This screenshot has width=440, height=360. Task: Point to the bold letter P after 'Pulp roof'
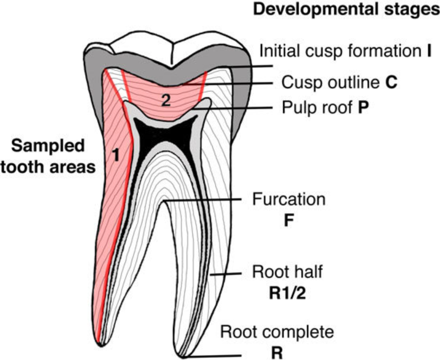click(363, 109)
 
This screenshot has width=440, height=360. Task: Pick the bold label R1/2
click(288, 292)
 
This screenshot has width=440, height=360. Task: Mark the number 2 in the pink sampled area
click(165, 101)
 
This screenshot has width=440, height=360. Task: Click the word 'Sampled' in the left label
click(48, 146)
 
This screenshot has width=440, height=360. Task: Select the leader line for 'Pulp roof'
click(244, 107)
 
